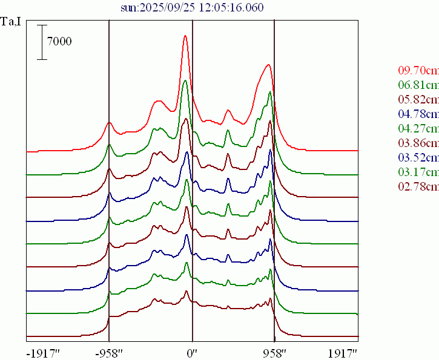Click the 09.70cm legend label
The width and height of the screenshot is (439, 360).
tap(418, 70)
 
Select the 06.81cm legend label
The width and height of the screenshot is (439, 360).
tap(418, 84)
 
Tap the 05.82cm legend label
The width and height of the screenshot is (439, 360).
tap(418, 99)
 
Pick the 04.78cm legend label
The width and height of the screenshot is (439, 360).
tap(418, 113)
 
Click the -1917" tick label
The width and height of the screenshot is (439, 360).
tap(43, 352)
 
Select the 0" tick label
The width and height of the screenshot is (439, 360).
tap(192, 352)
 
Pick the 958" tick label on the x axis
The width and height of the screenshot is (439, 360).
tap(274, 352)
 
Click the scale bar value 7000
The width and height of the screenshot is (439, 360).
tap(59, 41)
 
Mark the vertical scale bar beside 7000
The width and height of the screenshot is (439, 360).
tap(42, 42)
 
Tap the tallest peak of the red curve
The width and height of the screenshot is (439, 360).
tap(185, 36)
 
